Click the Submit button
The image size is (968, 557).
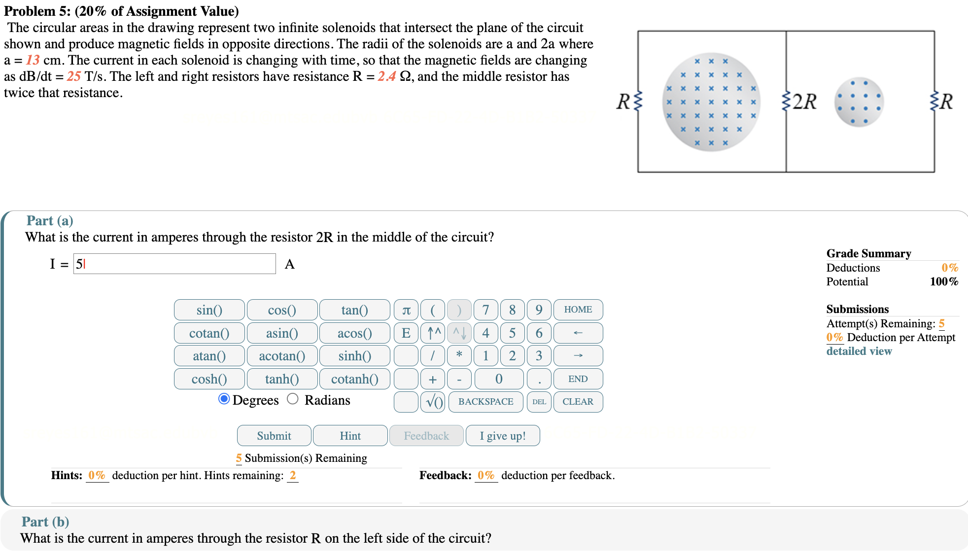click(x=274, y=436)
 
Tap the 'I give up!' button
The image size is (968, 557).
click(x=502, y=436)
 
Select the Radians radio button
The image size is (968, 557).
click(x=293, y=399)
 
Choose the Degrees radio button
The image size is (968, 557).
click(x=224, y=399)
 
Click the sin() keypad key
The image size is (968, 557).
click(x=209, y=310)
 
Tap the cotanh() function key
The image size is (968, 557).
click(x=354, y=379)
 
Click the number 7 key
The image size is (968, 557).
click(x=485, y=310)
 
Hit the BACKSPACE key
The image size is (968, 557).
click(x=485, y=402)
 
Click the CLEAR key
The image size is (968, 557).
click(x=578, y=402)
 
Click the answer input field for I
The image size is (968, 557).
click(x=174, y=264)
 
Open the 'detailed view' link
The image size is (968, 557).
click(x=859, y=351)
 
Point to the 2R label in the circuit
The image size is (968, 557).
click(x=804, y=102)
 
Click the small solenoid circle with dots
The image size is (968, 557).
click(x=859, y=102)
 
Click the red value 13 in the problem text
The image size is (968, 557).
click(x=33, y=60)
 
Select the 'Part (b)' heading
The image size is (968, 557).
click(x=45, y=522)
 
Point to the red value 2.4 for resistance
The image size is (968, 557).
click(x=387, y=76)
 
